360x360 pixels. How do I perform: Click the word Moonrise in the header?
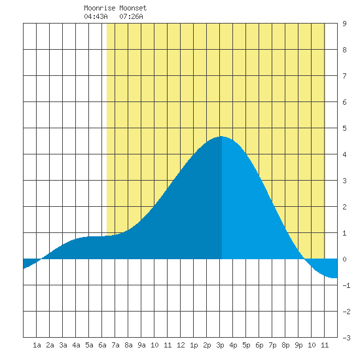coord(99,8)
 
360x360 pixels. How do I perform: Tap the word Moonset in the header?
coord(133,8)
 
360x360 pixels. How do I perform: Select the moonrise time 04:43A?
coord(96,16)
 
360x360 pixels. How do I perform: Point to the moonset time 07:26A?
coord(131,16)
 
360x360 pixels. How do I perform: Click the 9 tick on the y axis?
coord(344,24)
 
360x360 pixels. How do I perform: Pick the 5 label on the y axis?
coord(344,128)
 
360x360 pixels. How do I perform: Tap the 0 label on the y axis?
coord(344,259)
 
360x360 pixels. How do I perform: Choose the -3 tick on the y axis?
coord(346,338)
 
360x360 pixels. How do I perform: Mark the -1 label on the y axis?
coord(346,285)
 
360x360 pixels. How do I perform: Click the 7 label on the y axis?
coord(344,76)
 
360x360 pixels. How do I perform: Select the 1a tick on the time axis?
coord(37,345)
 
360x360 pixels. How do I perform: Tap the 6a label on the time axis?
coord(102,345)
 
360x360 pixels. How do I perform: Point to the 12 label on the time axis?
coord(181,345)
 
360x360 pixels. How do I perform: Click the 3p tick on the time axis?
coord(220,345)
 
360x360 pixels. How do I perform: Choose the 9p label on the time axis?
coord(298,345)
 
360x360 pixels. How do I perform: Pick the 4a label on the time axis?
coord(76,345)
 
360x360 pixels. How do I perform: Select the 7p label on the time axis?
coord(272,345)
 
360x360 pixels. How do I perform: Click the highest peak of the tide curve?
coord(221,136)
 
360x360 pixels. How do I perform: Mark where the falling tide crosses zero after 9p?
coord(304,259)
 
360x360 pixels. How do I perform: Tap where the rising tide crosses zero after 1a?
coord(41,259)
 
